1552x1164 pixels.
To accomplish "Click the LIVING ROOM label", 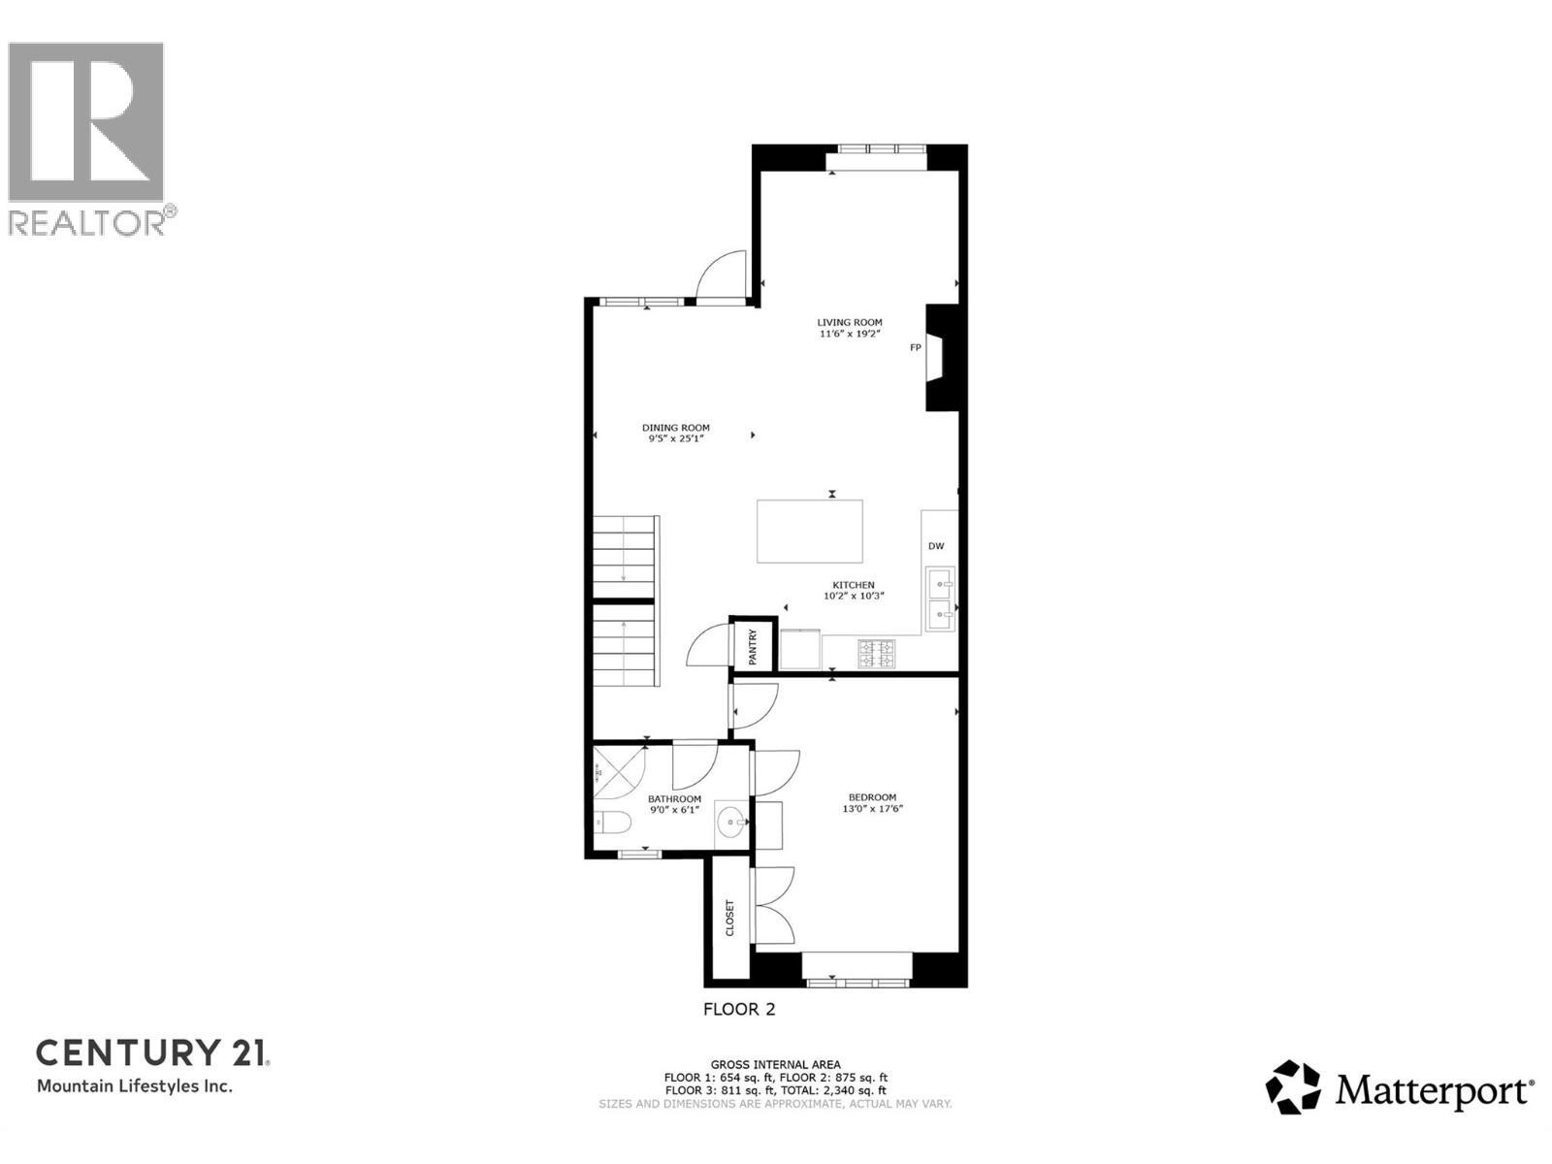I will pyautogui.click(x=849, y=322).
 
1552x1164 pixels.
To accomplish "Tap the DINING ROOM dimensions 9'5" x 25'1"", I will pyautogui.click(x=675, y=438).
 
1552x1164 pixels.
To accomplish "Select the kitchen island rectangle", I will pyautogui.click(x=810, y=531).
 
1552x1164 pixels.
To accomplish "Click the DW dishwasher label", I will pyautogui.click(x=936, y=546).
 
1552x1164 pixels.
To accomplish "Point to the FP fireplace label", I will pyautogui.click(x=915, y=347).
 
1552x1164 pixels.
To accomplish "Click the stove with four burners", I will pyautogui.click(x=877, y=654).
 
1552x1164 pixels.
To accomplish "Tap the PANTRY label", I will pyautogui.click(x=753, y=647).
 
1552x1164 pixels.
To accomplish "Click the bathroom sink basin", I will pyautogui.click(x=729, y=823).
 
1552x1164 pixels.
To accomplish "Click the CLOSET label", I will pyautogui.click(x=730, y=918).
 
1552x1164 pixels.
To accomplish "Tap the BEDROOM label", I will pyautogui.click(x=872, y=797).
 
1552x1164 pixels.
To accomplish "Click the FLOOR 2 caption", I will pyautogui.click(x=739, y=1009).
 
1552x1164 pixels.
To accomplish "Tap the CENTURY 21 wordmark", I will pyautogui.click(x=153, y=1052).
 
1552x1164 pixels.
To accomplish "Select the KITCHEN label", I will pyautogui.click(x=853, y=585).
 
